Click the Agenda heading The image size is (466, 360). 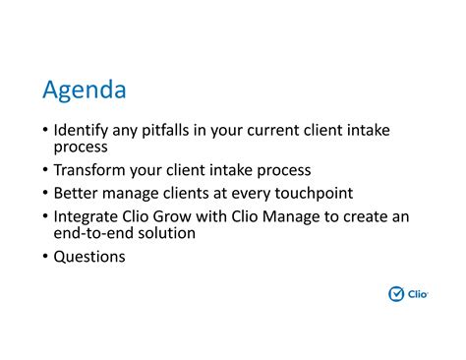coord(85,90)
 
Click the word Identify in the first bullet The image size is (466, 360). coord(82,129)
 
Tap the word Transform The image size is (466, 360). coord(91,170)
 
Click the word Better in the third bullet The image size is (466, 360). coord(77,193)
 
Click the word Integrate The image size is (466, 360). coord(87,216)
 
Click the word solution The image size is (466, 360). coord(167,233)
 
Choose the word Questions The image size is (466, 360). coord(89,257)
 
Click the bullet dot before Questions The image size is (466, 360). coord(45,258)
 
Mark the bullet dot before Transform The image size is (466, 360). coord(45,171)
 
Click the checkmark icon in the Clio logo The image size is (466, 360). coord(396,293)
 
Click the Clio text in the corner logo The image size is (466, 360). coord(418,293)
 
